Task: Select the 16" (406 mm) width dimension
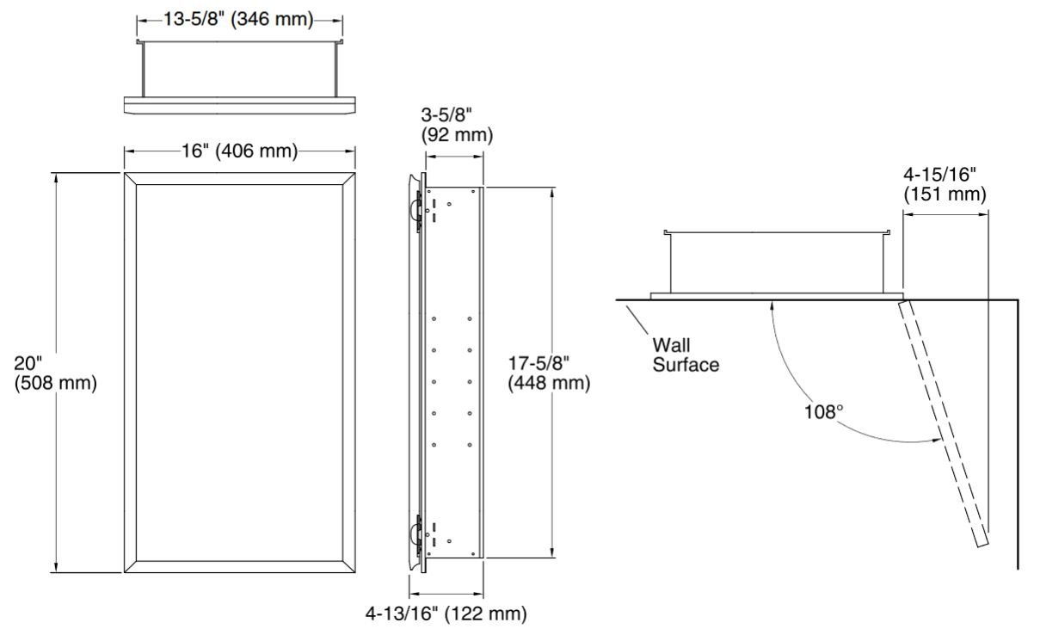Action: pos(240,153)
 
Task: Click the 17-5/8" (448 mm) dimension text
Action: pos(549,373)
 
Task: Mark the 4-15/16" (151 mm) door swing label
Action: pos(945,187)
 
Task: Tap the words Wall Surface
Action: pos(685,354)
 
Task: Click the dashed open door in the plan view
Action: pos(945,422)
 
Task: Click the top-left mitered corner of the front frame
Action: pos(131,179)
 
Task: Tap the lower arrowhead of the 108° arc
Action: pos(936,441)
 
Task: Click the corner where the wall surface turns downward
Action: pos(1018,300)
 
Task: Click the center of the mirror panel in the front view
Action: pos(240,372)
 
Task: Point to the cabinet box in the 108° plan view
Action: pos(777,262)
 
